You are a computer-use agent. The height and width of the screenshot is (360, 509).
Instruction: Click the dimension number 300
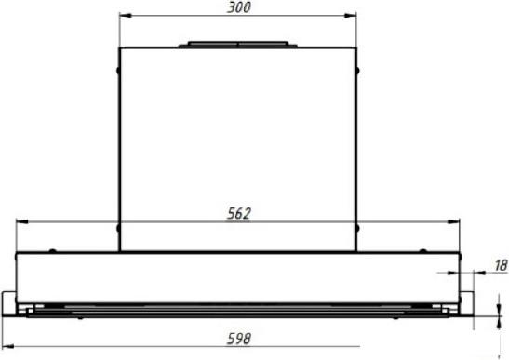237,7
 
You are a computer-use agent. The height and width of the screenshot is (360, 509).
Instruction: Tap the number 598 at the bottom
240,339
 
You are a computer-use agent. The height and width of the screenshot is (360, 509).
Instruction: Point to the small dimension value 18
499,266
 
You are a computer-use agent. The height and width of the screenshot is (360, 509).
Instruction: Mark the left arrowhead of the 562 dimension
22,221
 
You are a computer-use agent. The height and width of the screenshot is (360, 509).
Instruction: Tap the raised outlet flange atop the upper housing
237,43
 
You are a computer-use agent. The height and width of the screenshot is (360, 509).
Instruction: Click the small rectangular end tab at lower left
8,301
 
